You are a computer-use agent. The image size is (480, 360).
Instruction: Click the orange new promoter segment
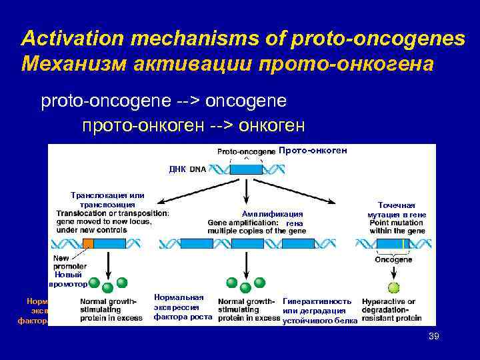point(88,243)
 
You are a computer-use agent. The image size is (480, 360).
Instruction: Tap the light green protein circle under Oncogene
point(394,288)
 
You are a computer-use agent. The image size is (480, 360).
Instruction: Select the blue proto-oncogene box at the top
point(246,169)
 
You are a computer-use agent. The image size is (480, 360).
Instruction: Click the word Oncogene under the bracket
point(393,259)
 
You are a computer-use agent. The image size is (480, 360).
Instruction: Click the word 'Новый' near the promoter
point(69,274)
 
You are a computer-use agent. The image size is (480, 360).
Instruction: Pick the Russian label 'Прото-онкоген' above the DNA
point(313,151)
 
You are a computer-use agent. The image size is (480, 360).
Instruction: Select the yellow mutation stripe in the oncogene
point(403,243)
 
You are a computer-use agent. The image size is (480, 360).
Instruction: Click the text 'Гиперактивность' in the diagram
point(317,301)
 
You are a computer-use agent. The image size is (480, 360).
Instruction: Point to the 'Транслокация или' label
point(107,195)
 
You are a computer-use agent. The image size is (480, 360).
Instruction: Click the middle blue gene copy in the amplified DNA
point(247,243)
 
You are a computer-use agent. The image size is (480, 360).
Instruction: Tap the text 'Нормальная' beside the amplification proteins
point(178,297)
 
